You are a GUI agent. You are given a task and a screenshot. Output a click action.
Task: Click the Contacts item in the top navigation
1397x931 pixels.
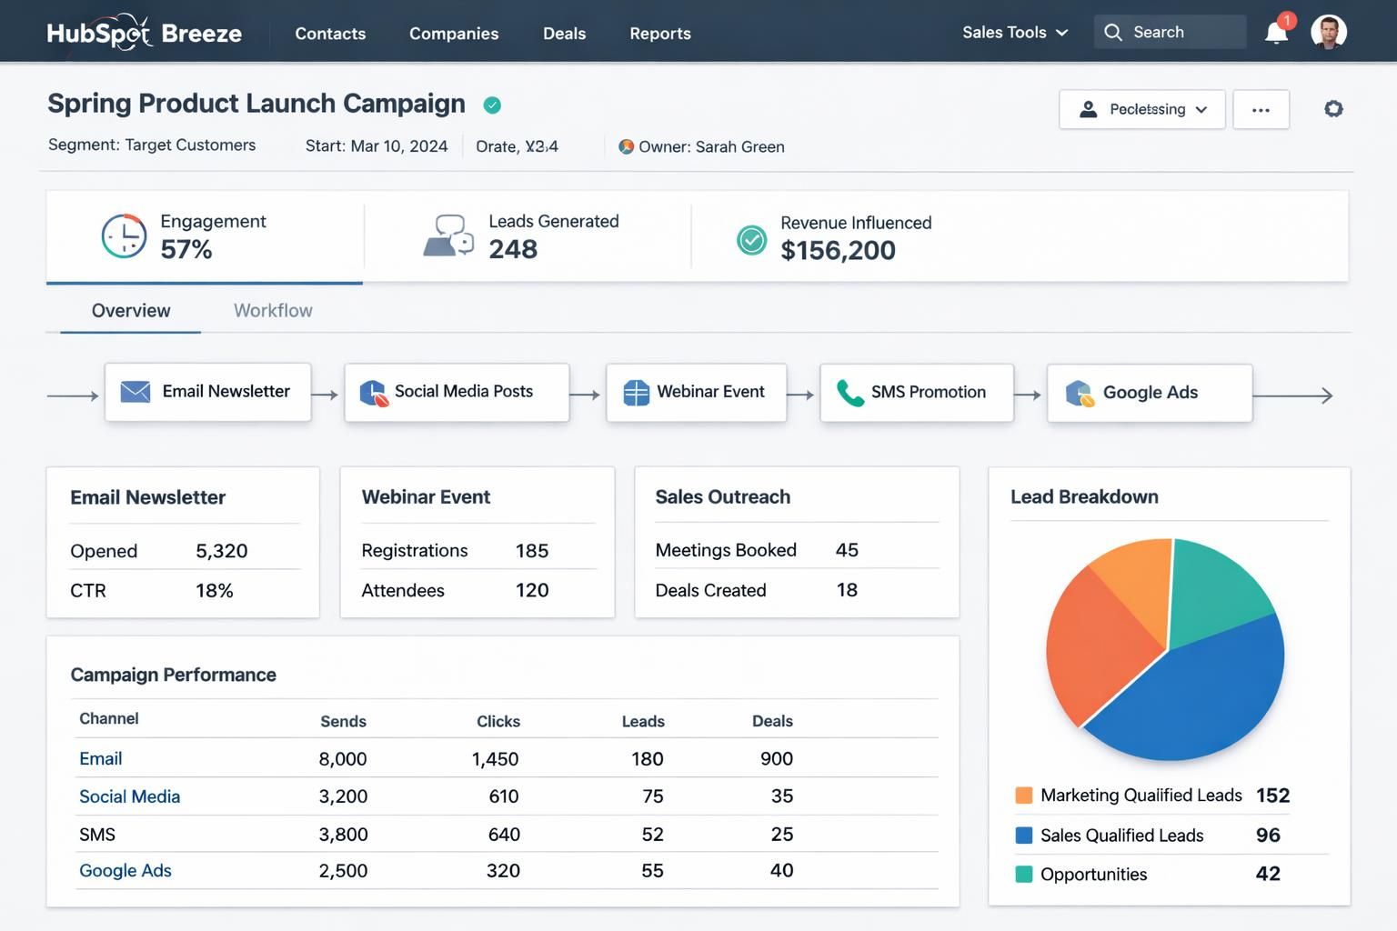(x=330, y=34)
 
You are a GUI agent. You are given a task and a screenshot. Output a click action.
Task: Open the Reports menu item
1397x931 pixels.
(x=659, y=34)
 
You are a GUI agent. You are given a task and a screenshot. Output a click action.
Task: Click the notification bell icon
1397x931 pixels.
(x=1276, y=33)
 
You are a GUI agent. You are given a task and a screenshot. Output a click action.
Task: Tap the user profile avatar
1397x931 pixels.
(x=1328, y=32)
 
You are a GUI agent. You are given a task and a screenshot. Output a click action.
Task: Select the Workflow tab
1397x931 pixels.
(x=273, y=311)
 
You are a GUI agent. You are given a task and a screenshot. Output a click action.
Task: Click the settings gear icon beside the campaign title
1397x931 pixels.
(x=1332, y=109)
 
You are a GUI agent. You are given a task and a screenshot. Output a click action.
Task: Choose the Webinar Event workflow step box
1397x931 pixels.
(x=696, y=392)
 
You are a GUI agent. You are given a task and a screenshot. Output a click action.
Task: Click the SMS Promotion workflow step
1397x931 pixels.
(x=916, y=392)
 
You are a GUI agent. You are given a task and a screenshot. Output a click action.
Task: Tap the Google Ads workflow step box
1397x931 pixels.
(x=1149, y=393)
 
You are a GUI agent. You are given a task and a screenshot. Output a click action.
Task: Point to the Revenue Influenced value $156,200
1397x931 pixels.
(x=838, y=250)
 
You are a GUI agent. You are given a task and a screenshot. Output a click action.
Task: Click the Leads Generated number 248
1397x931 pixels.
(x=513, y=249)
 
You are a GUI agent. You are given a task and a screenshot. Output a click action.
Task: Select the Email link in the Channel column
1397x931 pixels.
(x=100, y=758)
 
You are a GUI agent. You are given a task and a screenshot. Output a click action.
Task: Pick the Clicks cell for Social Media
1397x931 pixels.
(x=503, y=796)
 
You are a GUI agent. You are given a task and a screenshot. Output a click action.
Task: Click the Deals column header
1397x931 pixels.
(x=772, y=721)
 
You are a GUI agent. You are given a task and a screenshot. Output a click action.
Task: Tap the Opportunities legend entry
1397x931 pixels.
(x=1093, y=875)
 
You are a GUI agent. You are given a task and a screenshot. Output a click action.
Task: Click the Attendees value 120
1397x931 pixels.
(x=532, y=590)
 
